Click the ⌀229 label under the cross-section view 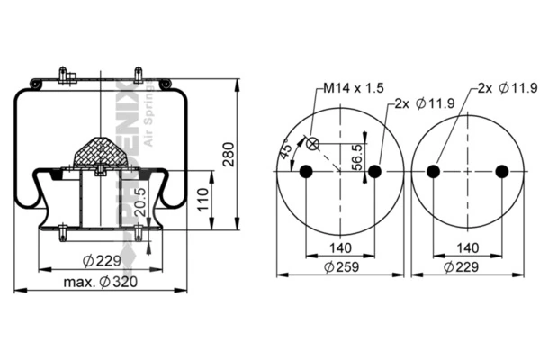pos(101,262)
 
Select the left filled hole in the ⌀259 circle pos(305,172)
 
